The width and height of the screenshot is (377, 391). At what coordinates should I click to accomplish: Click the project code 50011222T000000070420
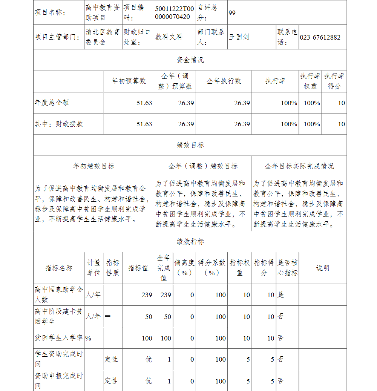pos(175,13)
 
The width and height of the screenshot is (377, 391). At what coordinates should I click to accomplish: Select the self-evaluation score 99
pos(232,13)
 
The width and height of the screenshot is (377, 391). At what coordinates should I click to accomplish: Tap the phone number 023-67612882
pos(320,37)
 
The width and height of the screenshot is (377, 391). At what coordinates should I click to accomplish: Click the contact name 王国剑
pos(239,37)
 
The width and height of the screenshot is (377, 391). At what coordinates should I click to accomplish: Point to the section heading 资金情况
pos(190,60)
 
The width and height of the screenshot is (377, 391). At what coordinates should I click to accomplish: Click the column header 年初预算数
pos(129,81)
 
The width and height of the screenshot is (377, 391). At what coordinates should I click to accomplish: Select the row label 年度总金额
pos(52,103)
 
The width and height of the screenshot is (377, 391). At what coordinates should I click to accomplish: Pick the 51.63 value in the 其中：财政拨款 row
pos(144,124)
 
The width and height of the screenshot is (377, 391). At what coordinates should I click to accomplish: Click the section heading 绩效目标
pos(190,145)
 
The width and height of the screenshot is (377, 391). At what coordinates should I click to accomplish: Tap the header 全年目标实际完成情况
pos(299,166)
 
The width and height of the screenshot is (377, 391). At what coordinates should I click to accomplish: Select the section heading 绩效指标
pos(190,242)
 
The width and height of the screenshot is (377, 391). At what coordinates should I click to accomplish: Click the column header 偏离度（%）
pos(184,268)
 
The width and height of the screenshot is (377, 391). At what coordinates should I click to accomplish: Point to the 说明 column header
pos(322,268)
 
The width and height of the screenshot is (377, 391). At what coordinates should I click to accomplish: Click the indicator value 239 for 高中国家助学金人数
pos(147,295)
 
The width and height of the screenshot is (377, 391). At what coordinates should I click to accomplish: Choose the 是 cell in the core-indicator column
pos(281,295)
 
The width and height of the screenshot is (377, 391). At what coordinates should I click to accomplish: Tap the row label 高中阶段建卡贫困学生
pos(58,316)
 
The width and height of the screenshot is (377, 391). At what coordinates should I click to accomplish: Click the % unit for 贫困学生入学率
pos(88,338)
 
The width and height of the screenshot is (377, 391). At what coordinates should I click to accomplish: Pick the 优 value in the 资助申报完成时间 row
pos(149,381)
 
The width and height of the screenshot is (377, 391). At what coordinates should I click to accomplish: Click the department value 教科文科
pos(169,37)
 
